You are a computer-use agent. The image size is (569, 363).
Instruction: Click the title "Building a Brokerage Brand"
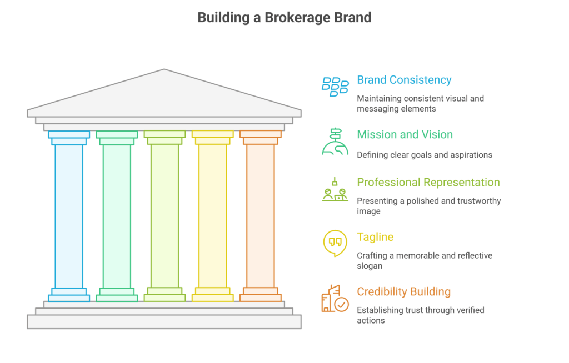coord(284,18)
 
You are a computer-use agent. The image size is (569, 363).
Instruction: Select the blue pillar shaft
coord(69,216)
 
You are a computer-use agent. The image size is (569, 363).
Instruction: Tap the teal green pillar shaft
coord(117,216)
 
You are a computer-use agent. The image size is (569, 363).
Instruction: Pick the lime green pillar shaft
coord(164,216)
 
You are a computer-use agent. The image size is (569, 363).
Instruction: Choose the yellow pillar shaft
coord(212,216)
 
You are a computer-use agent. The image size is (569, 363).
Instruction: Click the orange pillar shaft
coord(260,216)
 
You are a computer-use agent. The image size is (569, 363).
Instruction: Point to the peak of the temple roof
coord(164,70)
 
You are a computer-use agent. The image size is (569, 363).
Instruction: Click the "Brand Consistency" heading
coord(404,80)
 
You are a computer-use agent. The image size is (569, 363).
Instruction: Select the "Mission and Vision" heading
coord(405,134)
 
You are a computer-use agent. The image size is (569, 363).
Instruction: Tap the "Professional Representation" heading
coord(428,183)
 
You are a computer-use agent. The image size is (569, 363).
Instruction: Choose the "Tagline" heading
coord(375,237)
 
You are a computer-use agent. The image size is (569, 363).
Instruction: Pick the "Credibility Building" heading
coord(403,291)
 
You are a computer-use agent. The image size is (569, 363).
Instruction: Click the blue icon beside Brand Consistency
coord(335,86)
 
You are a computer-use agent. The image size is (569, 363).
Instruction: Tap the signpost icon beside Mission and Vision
coord(335,141)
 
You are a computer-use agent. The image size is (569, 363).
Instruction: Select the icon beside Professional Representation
coord(335,190)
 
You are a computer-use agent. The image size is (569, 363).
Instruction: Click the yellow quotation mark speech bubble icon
coord(335,243)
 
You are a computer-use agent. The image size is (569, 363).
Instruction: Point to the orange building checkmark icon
coord(335,298)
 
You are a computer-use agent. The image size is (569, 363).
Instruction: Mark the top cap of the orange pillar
coord(260,134)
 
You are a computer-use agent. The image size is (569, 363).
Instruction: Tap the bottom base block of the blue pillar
coord(69,298)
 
